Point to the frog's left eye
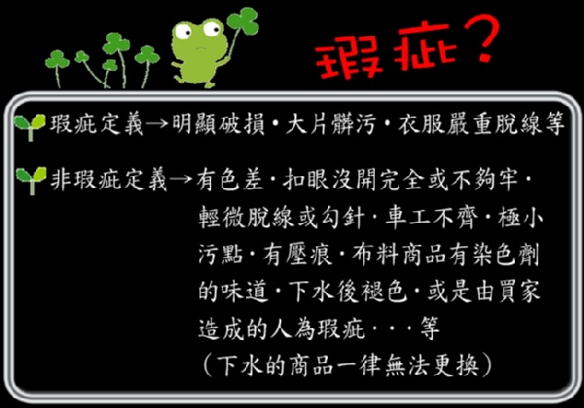click(x=183, y=31)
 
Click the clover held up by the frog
click(x=242, y=21)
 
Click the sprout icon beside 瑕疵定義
click(x=30, y=127)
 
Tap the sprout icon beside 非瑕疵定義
click(x=31, y=180)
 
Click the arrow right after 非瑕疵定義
click(x=181, y=179)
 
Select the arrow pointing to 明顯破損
click(x=157, y=124)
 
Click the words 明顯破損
click(x=219, y=125)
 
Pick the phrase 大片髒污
click(x=331, y=125)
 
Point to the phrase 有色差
click(x=230, y=180)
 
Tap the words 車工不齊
click(x=431, y=217)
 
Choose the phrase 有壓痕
click(x=297, y=255)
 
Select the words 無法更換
click(x=431, y=365)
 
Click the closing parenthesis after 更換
click(x=487, y=365)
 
